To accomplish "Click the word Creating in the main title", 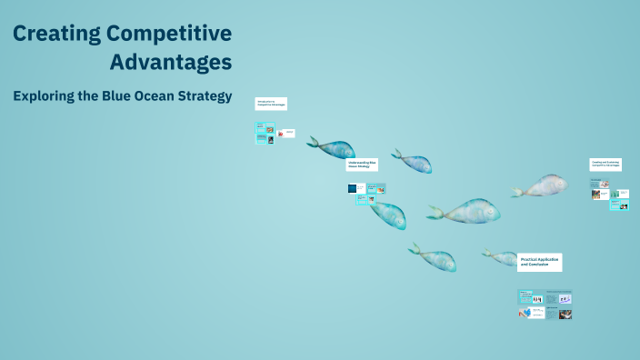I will pos(55,35).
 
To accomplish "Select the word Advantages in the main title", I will pos(171,63).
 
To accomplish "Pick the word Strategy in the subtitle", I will pos(209,95).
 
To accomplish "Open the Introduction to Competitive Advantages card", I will pos(271,104).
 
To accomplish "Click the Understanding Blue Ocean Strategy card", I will pos(361,165).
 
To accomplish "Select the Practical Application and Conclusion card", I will pos(539,262).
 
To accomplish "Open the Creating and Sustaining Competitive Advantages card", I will pos(605,165).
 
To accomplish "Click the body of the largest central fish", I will pos(469,211).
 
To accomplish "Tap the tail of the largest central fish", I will pos(435,214).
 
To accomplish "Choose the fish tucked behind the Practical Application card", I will pos(499,257).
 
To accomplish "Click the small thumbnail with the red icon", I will pos(285,134).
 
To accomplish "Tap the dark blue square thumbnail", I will pos(352,188).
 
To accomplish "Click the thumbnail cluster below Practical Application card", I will pos(545,305).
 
